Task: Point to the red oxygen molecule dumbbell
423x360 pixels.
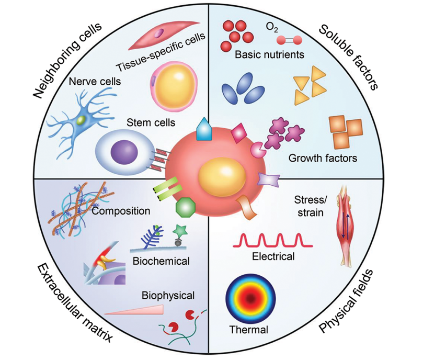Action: click(x=286, y=40)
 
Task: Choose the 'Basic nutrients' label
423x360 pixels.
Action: click(x=270, y=54)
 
